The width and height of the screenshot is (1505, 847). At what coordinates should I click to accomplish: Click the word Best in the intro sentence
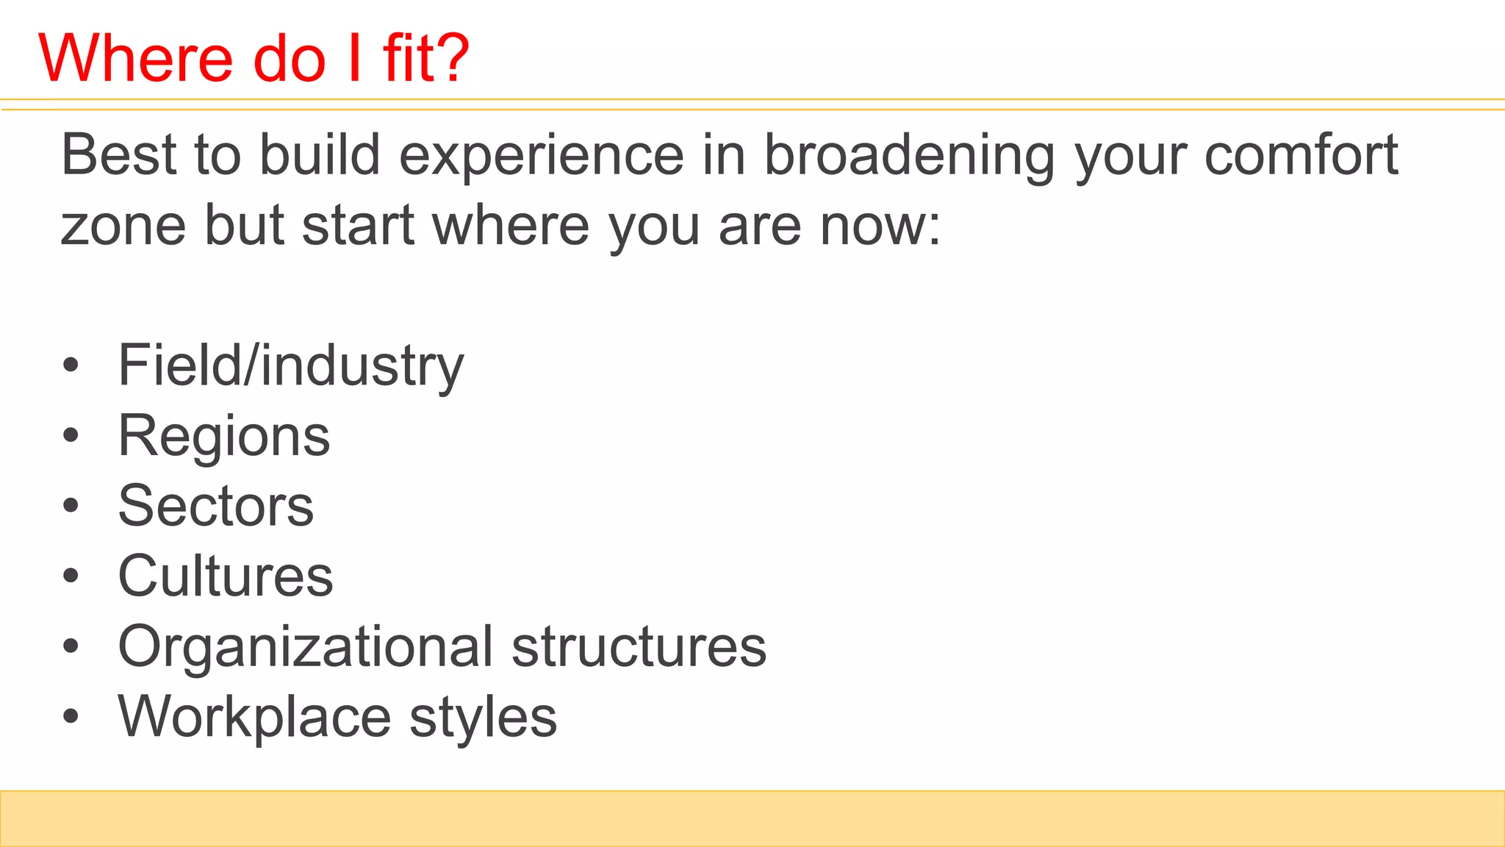(x=118, y=155)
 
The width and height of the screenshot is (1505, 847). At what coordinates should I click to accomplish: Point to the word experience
(x=542, y=157)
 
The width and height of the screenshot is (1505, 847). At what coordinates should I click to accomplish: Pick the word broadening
(x=909, y=157)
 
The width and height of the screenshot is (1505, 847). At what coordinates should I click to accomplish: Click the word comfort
(x=1301, y=155)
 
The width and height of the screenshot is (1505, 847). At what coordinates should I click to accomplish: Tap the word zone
(x=123, y=226)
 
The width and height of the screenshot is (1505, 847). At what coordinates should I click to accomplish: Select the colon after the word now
(x=933, y=228)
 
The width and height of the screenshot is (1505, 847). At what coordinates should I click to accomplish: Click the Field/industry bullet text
(x=291, y=366)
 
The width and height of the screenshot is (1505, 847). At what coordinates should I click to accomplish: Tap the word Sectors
(x=216, y=506)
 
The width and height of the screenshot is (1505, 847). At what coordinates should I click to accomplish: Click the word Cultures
(x=226, y=576)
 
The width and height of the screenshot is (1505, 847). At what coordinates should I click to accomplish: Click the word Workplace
(x=254, y=717)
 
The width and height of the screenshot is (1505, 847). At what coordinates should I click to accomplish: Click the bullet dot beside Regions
(x=71, y=436)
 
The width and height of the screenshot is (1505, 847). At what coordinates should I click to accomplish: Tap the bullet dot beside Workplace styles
(x=71, y=717)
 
